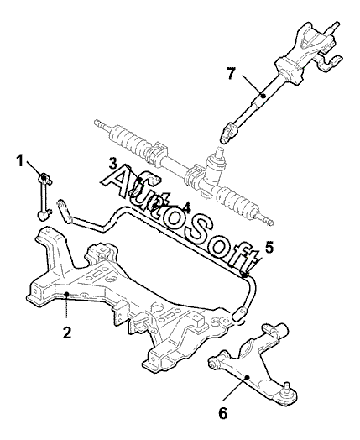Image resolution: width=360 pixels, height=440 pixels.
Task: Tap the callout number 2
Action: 67,333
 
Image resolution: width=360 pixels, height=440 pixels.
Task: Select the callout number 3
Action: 113,163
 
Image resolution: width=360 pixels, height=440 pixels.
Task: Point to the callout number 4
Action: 186,208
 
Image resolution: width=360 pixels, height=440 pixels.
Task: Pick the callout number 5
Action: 269,248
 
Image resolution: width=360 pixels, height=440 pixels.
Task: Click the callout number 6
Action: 222,413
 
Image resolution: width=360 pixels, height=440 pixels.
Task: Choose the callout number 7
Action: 231,74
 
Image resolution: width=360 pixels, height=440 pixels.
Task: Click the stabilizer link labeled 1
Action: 44,197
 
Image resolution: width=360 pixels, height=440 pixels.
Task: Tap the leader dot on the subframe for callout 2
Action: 67,294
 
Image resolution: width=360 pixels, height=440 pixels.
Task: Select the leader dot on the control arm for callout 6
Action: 247,377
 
